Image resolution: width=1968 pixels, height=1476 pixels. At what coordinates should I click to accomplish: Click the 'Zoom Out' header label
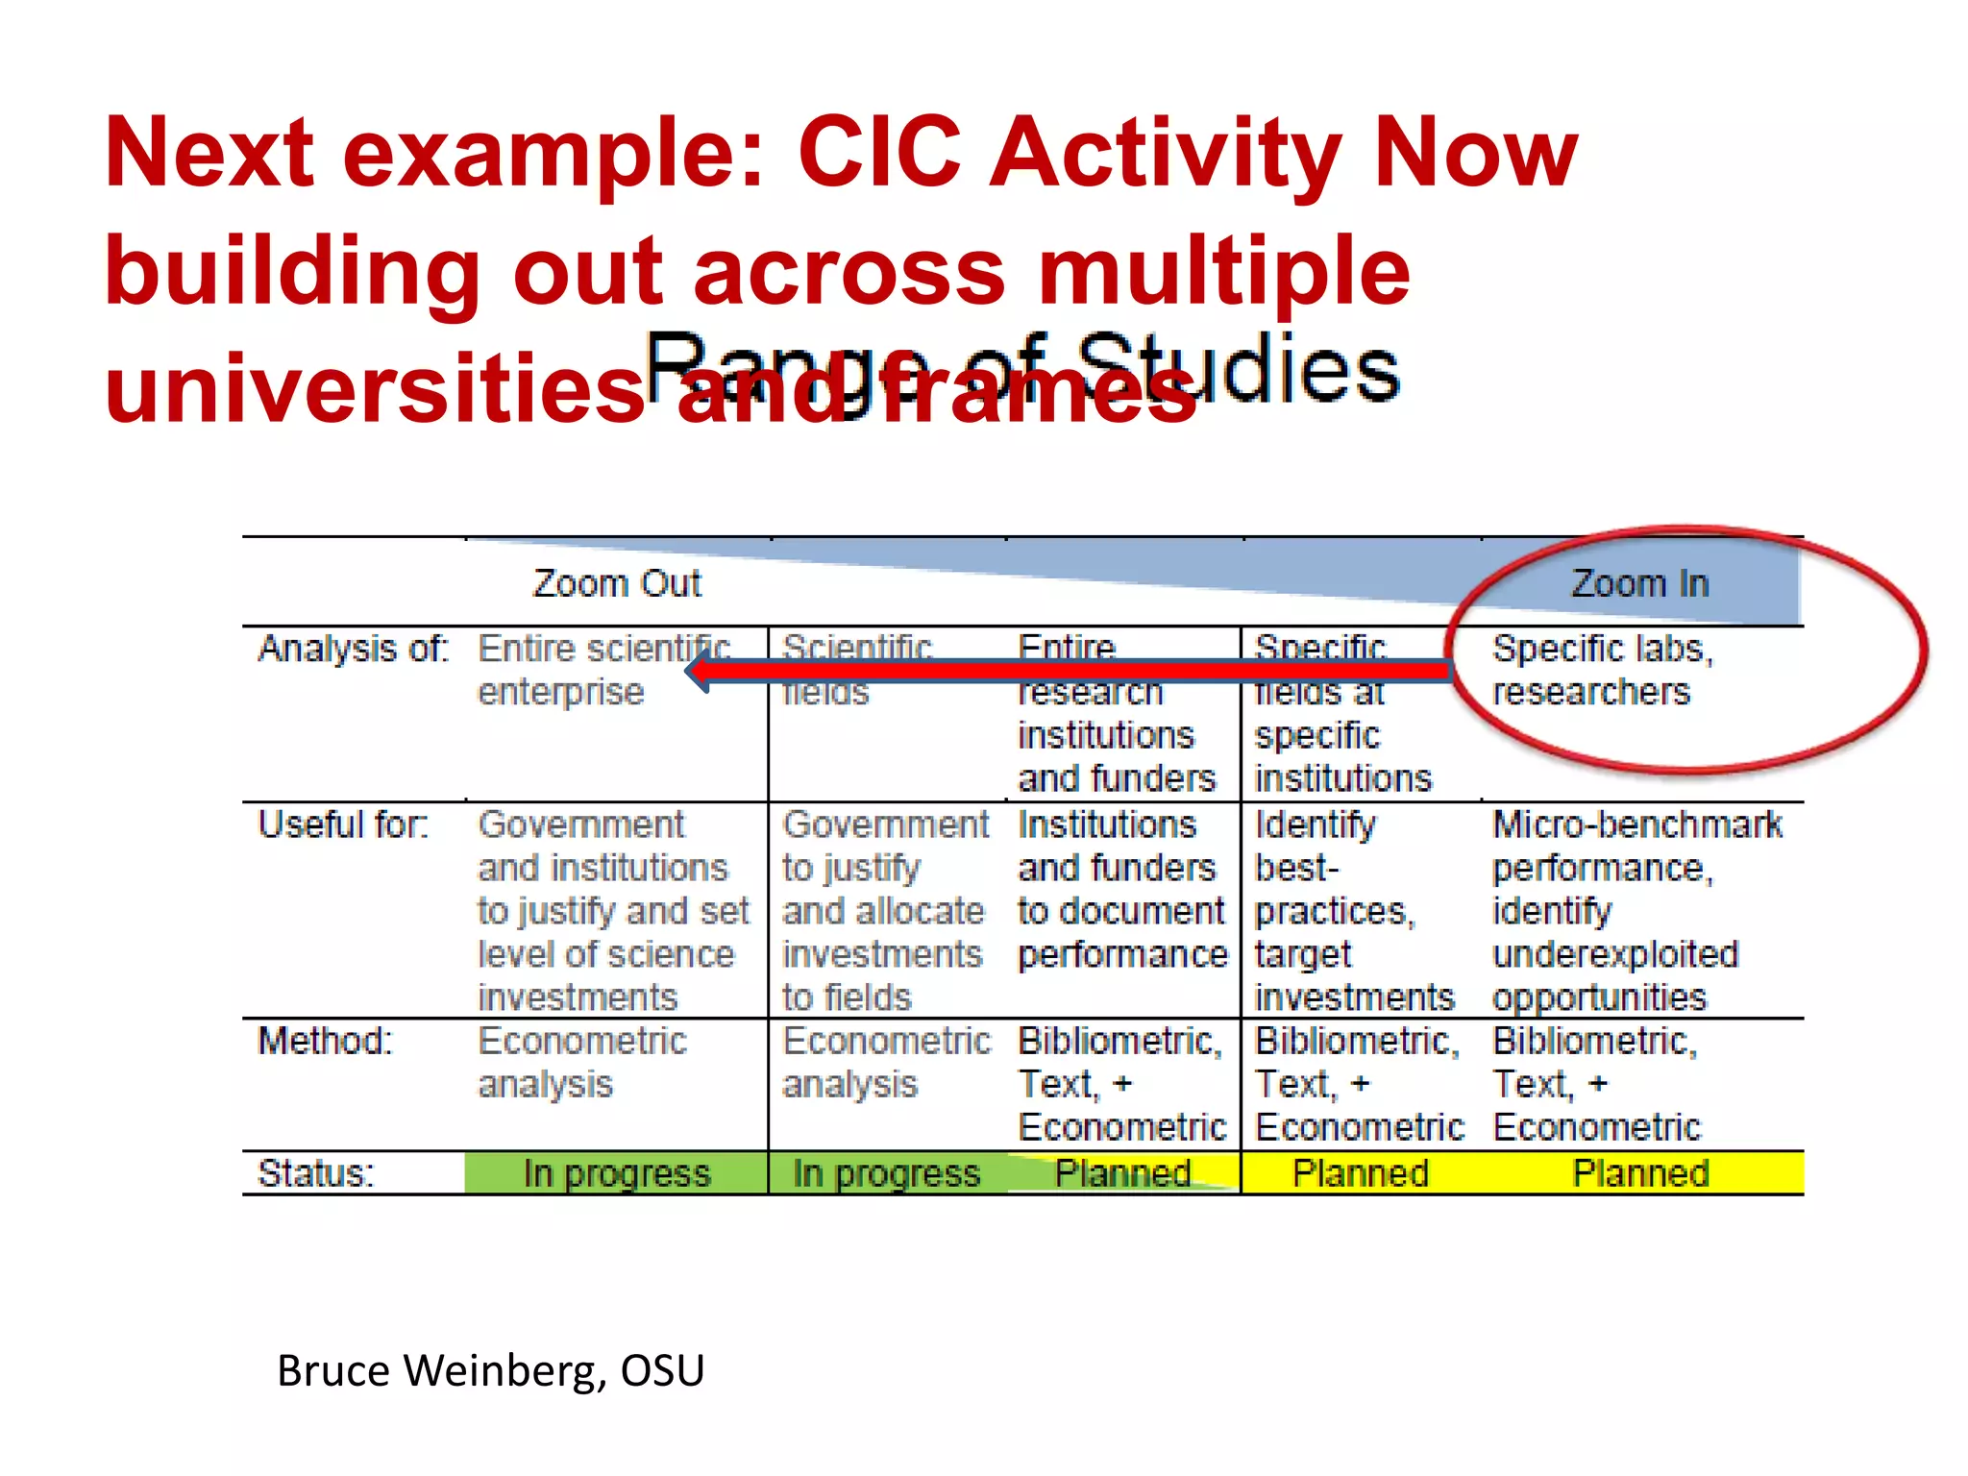pyautogui.click(x=617, y=583)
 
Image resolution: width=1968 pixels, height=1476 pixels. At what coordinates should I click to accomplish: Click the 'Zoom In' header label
pyautogui.click(x=1639, y=583)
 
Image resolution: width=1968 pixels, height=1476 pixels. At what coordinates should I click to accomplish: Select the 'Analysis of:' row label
pyautogui.click(x=353, y=649)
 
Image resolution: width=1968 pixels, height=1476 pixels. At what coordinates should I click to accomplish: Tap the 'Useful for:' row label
pyautogui.click(x=342, y=824)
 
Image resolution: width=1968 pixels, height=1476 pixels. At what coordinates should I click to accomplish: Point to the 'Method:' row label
pyautogui.click(x=325, y=1041)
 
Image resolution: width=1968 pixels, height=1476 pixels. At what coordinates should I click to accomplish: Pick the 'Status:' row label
pyautogui.click(x=315, y=1173)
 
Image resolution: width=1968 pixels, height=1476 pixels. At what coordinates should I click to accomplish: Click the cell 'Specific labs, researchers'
pyautogui.click(x=1601, y=670)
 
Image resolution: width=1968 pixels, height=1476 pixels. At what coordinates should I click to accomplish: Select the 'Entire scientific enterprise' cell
pyautogui.click(x=603, y=670)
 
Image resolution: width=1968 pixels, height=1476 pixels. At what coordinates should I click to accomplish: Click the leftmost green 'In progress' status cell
pyautogui.click(x=617, y=1173)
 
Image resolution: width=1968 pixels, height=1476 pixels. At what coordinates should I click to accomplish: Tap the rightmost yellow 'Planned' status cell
pyautogui.click(x=1639, y=1173)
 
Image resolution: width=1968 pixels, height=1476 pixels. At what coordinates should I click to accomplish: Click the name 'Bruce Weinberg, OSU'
pyautogui.click(x=490, y=1370)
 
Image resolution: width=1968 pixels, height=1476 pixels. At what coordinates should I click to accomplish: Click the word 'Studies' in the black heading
pyautogui.click(x=1240, y=370)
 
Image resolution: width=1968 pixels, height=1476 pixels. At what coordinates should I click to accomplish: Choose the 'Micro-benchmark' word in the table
pyautogui.click(x=1636, y=824)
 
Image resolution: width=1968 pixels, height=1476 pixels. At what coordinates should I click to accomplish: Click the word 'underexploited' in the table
pyautogui.click(x=1614, y=954)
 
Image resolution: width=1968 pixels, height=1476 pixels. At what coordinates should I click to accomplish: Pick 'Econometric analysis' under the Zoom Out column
pyautogui.click(x=582, y=1062)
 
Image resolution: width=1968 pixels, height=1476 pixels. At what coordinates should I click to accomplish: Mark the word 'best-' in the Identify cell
pyautogui.click(x=1296, y=868)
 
